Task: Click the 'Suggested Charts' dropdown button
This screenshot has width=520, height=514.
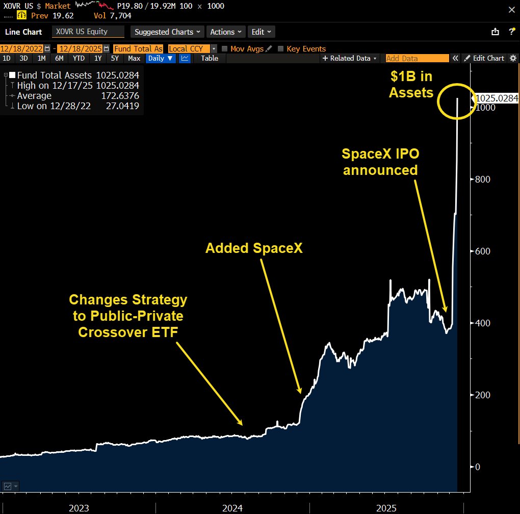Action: tap(167, 32)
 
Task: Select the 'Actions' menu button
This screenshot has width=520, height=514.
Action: tap(226, 32)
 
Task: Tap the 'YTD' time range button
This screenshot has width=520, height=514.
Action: tap(79, 58)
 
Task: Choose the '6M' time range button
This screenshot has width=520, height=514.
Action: tap(59, 58)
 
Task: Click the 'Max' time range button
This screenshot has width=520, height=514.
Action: tap(134, 58)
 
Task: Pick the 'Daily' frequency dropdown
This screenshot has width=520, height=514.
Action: tap(160, 58)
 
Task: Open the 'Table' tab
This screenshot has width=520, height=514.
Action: tap(210, 58)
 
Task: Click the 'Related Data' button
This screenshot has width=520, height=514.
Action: tap(350, 58)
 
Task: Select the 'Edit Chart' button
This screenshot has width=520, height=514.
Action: tap(484, 58)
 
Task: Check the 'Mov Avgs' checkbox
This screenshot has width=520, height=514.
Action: tap(225, 49)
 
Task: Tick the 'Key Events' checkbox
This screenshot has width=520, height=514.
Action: tap(281, 49)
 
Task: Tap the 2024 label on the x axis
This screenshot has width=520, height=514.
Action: tap(232, 508)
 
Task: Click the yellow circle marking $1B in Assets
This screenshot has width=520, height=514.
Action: tap(457, 101)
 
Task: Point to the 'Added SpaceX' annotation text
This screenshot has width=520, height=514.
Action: tap(254, 248)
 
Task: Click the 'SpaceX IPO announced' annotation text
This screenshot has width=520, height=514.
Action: tap(380, 162)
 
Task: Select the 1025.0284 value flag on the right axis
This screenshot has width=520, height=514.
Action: tap(496, 98)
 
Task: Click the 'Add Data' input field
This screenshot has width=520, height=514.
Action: tap(417, 58)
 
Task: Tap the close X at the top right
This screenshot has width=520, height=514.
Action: tap(511, 9)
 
